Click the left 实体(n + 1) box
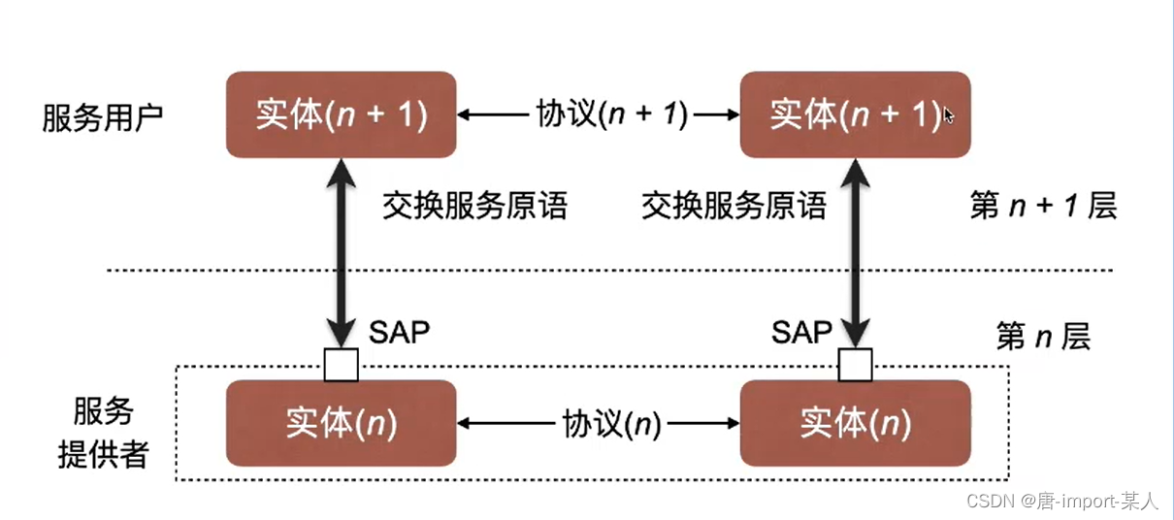coord(341,114)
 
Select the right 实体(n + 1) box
coord(854,114)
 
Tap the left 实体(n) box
coord(341,424)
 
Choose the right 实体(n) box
coord(854,424)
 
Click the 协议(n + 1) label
coord(611,114)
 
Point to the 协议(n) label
coord(611,424)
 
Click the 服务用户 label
coord(103,116)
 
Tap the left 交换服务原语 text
coord(474,206)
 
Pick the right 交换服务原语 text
coord(734,206)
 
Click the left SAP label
coord(399,333)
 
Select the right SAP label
coord(801,333)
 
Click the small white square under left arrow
coord(341,365)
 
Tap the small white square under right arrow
coord(855,365)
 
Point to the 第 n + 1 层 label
coord(1043,206)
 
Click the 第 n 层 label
coord(1043,337)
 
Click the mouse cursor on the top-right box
coord(948,116)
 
